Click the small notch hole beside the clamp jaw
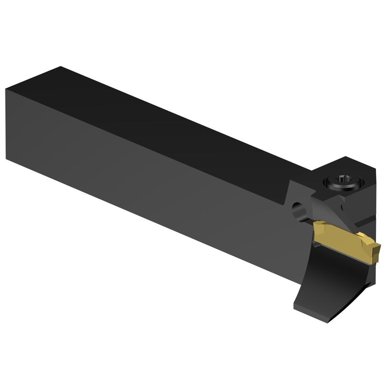342,207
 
